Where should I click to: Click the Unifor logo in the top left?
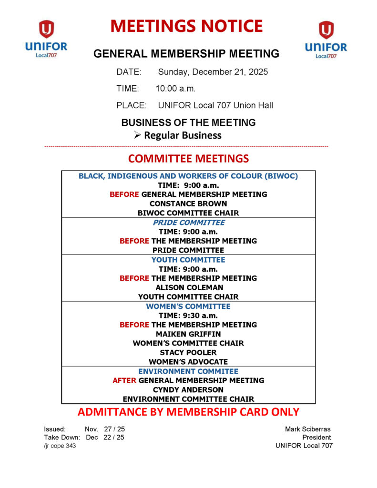46,39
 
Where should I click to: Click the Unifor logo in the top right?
326,39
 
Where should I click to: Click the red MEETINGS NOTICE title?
186,26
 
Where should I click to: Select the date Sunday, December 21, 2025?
213,72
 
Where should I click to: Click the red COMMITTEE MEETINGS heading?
188,159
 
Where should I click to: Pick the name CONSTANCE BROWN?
188,203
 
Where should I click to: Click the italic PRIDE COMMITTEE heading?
189,223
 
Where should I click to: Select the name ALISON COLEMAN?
188,287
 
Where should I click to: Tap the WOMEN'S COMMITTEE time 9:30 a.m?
200,315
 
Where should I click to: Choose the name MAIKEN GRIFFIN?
188,334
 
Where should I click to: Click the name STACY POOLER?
188,353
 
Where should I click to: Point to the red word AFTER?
124,380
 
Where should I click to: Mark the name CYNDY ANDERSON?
188,390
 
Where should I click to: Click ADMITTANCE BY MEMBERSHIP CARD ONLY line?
188,412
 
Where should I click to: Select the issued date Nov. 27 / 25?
105,429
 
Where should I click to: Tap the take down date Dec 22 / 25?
105,437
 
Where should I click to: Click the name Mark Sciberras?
308,429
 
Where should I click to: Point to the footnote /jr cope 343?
60,446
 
